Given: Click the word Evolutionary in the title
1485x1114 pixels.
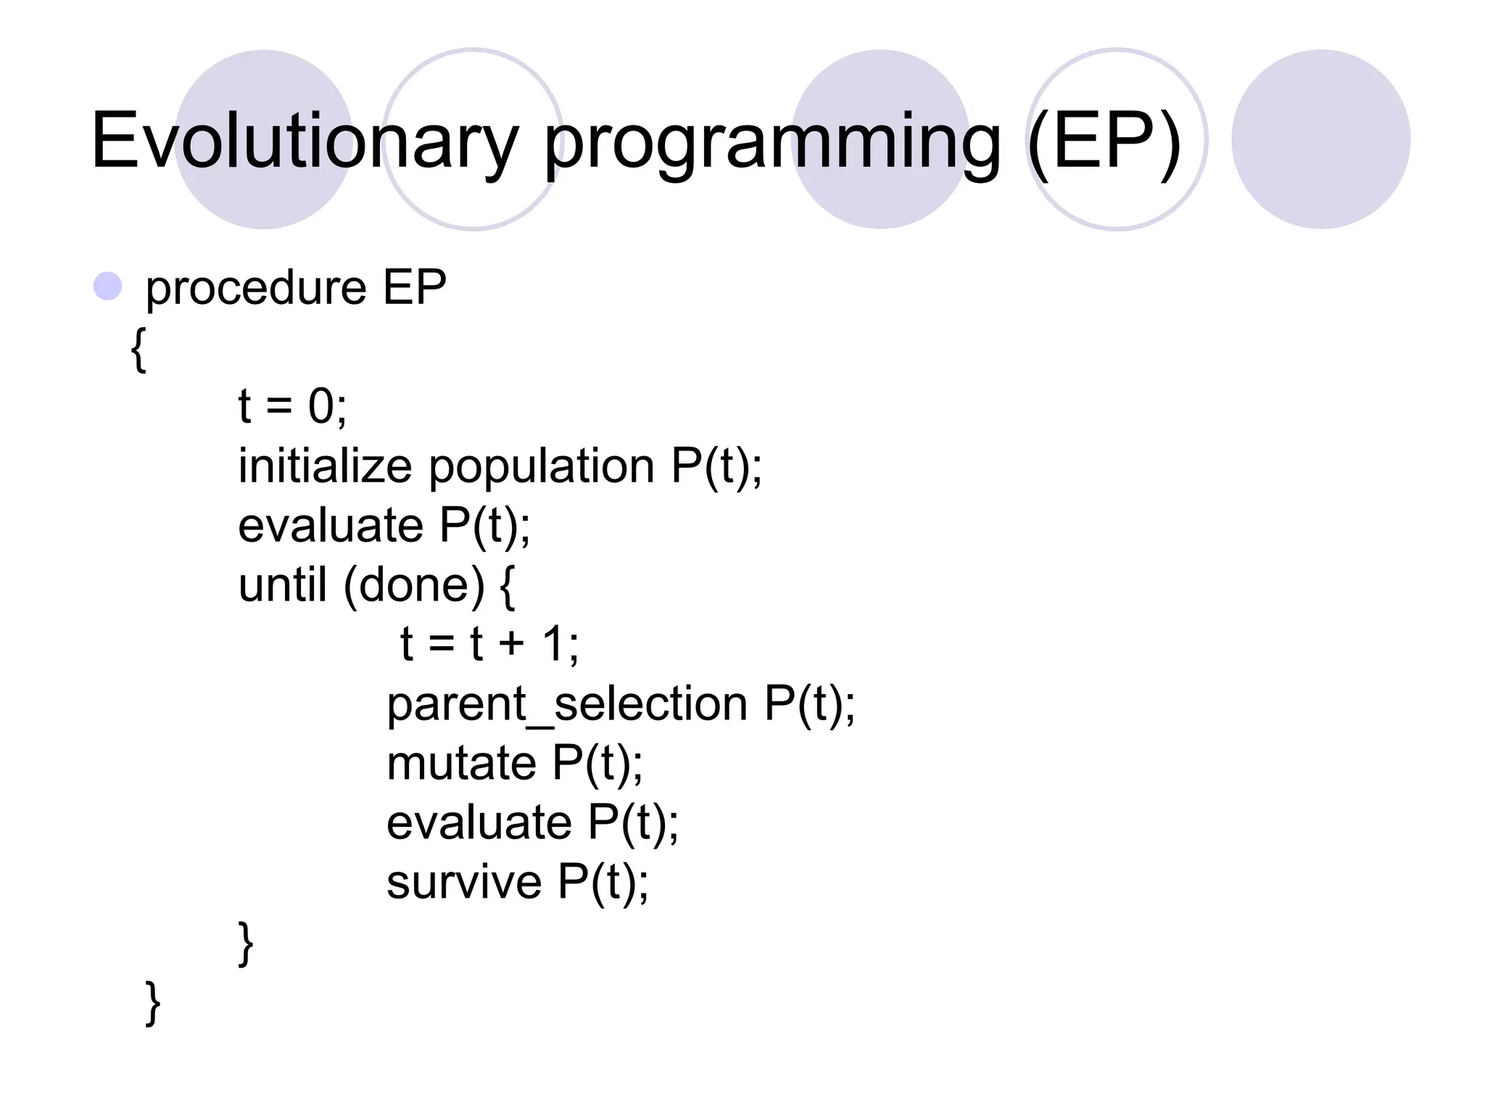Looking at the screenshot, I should pos(305,141).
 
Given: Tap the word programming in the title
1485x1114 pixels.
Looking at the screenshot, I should pos(772,141).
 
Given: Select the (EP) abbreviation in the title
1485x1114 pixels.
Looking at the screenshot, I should pos(1104,141).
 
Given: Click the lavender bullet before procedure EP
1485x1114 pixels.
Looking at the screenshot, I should pos(108,286).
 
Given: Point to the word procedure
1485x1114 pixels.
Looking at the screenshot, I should pos(255,289).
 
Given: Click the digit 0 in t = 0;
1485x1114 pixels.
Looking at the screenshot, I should pos(321,406).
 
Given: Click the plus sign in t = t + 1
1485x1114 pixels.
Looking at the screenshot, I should pos(510,644).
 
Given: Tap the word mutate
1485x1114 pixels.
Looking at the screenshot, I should pos(461,764).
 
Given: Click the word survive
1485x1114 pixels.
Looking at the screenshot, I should pos(464,883).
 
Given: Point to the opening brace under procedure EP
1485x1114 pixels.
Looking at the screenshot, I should pos(138,350).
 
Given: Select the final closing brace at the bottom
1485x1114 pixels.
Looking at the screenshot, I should pos(153,1003).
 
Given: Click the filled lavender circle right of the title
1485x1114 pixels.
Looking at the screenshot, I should pos(1320,139).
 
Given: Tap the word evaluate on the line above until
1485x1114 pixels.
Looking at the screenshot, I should pos(331,525).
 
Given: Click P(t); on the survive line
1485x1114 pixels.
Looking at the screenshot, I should pos(603,883).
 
